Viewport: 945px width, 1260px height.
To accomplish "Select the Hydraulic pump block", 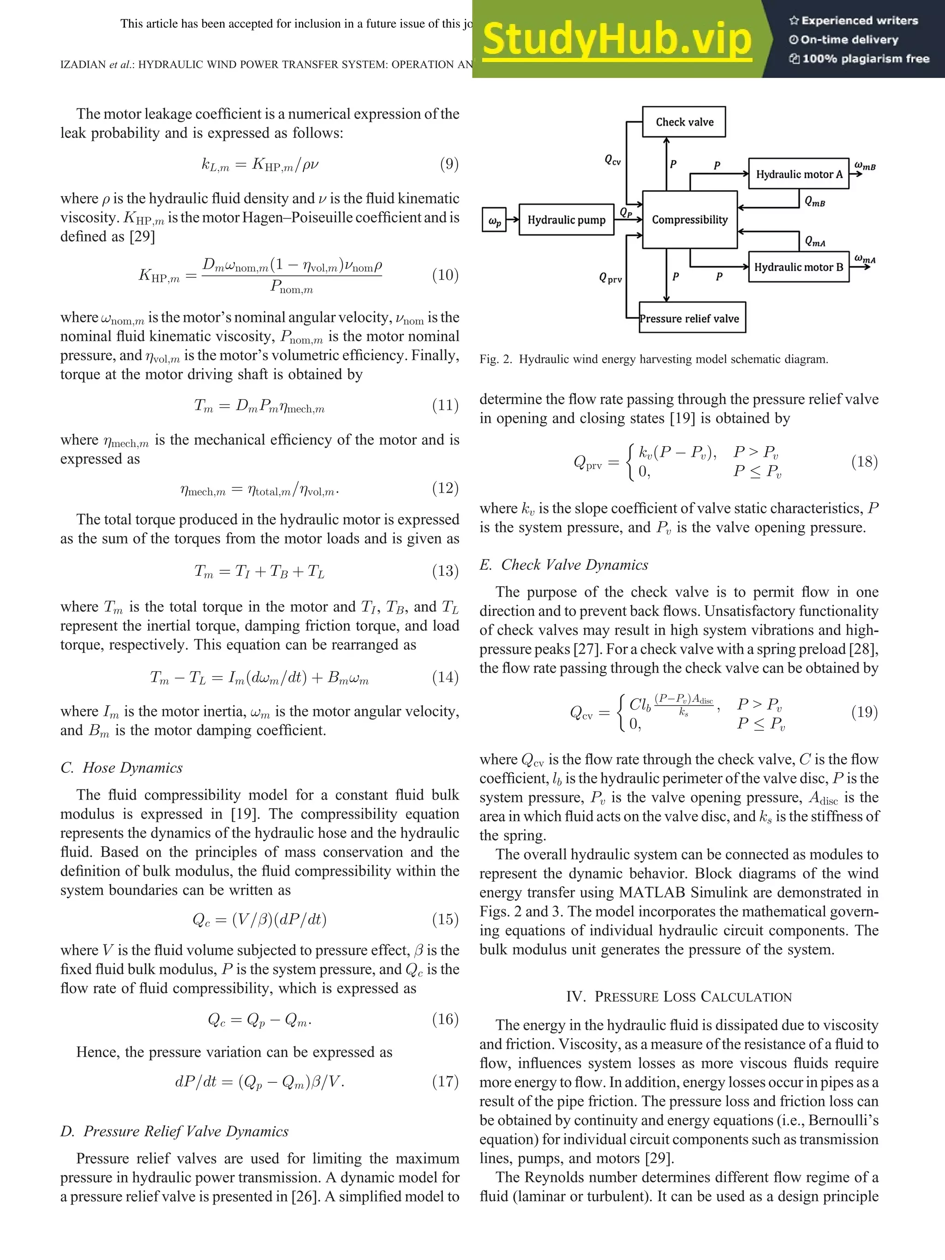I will (x=566, y=220).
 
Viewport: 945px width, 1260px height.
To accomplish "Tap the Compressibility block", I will (x=689, y=220).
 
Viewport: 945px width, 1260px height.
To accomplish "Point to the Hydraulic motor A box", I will (x=799, y=174).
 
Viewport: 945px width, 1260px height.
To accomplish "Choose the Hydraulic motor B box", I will (x=799, y=267).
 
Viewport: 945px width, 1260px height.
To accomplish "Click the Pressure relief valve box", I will (x=692, y=318).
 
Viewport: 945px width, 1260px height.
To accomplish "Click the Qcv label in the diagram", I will (x=612, y=161).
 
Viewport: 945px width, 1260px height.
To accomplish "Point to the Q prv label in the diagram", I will (x=610, y=279).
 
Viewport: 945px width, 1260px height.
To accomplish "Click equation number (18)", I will (x=864, y=461).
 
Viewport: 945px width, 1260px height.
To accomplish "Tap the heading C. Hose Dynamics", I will (x=121, y=767).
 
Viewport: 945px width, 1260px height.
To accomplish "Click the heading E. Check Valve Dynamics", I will (x=564, y=565).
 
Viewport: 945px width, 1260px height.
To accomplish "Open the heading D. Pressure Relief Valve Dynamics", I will (x=174, y=1131).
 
